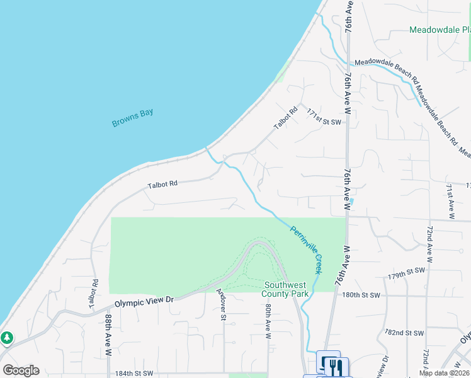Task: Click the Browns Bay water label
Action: tap(133, 118)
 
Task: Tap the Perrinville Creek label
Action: tap(306, 249)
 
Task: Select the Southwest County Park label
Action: tap(287, 289)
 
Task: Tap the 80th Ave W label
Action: tap(268, 322)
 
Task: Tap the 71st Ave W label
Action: tap(450, 200)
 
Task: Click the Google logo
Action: tap(21, 370)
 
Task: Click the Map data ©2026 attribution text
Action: tap(443, 373)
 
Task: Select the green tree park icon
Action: tap(7, 338)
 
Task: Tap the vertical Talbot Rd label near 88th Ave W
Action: tap(94, 294)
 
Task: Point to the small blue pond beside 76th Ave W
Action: tap(351, 202)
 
